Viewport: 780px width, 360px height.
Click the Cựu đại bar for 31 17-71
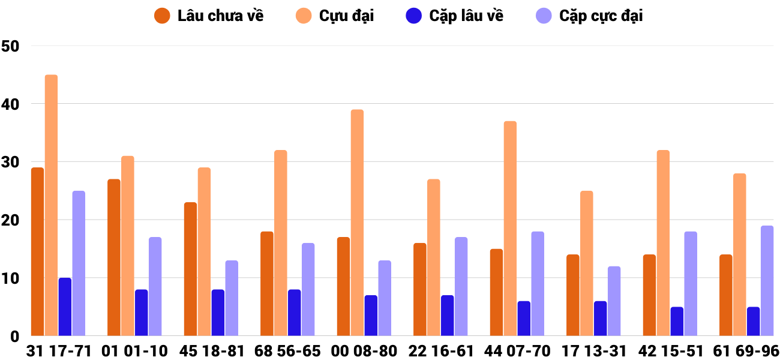[x=51, y=205]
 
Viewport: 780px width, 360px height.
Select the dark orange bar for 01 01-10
[x=114, y=257]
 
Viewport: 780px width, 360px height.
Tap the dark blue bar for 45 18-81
[x=218, y=313]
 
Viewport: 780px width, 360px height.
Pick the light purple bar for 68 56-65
[x=308, y=289]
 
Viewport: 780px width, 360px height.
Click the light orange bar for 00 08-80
[x=357, y=223]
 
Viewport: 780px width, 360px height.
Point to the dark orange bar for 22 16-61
[x=420, y=289]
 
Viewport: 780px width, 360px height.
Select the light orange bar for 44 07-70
[x=510, y=229]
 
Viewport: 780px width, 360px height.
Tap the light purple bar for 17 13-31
[x=614, y=301]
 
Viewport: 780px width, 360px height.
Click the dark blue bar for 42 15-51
[x=677, y=321]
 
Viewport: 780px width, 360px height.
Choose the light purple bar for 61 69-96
[x=767, y=281]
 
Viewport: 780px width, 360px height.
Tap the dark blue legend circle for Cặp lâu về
[x=415, y=16]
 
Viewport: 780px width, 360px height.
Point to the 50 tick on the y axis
[x=11, y=46]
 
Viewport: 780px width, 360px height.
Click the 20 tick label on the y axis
[x=11, y=220]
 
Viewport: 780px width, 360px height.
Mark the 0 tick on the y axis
[x=14, y=337]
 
